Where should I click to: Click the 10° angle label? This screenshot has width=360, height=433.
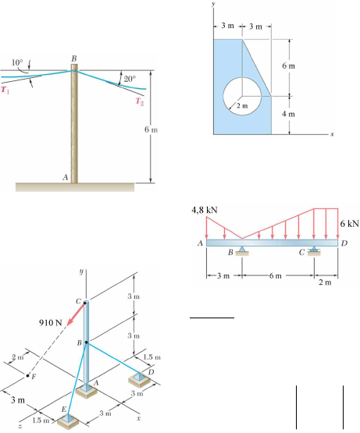[17, 62]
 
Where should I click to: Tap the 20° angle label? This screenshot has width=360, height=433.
[130, 79]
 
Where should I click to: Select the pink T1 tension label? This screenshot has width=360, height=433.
[5, 90]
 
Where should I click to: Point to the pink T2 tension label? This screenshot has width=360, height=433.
[140, 101]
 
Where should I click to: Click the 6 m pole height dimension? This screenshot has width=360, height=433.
[151, 130]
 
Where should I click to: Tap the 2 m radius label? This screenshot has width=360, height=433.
[242, 106]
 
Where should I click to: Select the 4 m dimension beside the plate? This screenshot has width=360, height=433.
[288, 114]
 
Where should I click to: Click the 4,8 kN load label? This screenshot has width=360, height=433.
[205, 210]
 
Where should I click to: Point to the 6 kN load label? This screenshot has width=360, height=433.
[350, 223]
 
